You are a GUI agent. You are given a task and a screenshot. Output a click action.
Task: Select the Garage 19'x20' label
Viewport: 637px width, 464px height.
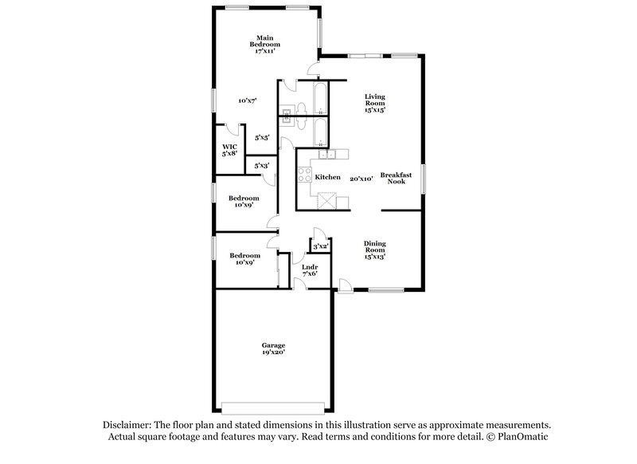(273, 348)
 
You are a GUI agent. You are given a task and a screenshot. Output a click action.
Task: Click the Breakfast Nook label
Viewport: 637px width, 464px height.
(397, 178)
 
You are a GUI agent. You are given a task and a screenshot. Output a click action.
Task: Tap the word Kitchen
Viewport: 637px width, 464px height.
(328, 177)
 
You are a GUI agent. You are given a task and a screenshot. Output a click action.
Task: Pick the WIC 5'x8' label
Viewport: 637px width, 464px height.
(230, 150)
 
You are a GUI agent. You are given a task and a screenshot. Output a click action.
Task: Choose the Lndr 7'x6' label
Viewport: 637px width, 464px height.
(310, 270)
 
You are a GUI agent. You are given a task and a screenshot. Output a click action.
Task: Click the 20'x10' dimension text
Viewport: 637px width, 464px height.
(362, 179)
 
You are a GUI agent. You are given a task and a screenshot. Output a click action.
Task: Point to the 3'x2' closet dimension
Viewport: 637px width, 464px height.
(321, 246)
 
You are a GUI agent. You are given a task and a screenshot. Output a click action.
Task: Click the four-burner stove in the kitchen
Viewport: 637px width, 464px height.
(303, 171)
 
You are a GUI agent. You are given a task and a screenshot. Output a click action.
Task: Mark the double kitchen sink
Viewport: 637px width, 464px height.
(329, 154)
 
